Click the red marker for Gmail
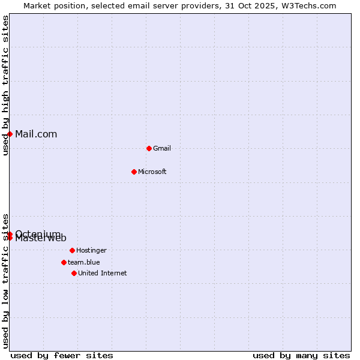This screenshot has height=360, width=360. pyautogui.click(x=149, y=148)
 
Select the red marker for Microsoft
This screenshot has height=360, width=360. pyautogui.click(x=134, y=172)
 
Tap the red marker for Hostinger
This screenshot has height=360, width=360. pyautogui.click(x=72, y=250)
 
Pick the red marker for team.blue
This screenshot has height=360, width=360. pyautogui.click(x=64, y=262)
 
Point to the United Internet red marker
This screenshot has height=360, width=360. pyautogui.click(x=74, y=273)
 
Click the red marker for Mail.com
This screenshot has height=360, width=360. pyautogui.click(x=10, y=134)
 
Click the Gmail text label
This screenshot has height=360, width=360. pyautogui.click(x=162, y=148)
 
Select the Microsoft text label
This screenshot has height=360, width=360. pyautogui.click(x=152, y=172)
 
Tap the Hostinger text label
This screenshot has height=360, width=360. pyautogui.click(x=91, y=250)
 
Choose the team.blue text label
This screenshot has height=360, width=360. pyautogui.click(x=84, y=262)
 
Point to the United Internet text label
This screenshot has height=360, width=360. pyautogui.click(x=103, y=273)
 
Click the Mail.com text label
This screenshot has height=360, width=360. pyautogui.click(x=36, y=134)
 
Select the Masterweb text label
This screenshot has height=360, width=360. pyautogui.click(x=41, y=239)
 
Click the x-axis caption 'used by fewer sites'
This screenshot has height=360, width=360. pyautogui.click(x=62, y=355)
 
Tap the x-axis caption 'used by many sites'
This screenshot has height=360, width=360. pyautogui.click(x=301, y=355)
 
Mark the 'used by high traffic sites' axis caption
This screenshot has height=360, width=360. pyautogui.click(x=5, y=85)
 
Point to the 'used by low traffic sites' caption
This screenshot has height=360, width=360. pyautogui.click(x=5, y=281)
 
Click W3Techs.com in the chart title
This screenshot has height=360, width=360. pyautogui.click(x=310, y=5)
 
